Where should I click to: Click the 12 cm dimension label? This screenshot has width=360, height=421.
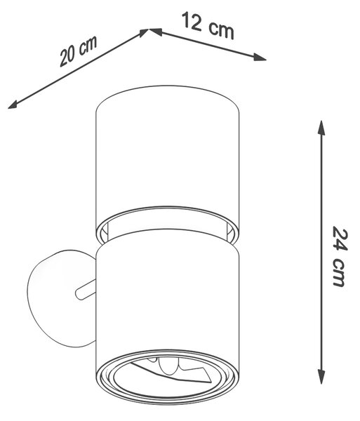[x=208, y=25]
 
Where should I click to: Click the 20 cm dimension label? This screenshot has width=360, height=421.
[x=78, y=51]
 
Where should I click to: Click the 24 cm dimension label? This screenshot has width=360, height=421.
[x=340, y=256]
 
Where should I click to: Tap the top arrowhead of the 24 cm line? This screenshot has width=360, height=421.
[x=321, y=128]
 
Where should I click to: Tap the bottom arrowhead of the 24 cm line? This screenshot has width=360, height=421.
[x=321, y=376]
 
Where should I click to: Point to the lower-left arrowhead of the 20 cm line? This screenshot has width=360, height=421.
[x=13, y=105]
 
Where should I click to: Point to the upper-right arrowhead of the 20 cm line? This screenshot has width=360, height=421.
[x=143, y=32]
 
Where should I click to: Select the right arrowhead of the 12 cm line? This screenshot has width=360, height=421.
[x=260, y=58]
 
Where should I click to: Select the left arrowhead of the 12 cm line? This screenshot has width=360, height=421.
[x=156, y=32]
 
